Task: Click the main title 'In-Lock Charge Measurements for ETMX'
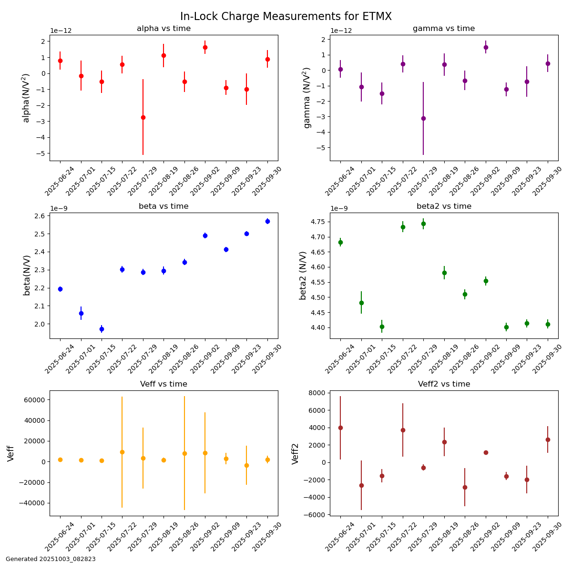pos(286,17)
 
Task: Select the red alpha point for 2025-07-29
pos(143,117)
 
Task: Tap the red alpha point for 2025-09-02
pos(205,47)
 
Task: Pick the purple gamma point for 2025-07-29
pos(423,118)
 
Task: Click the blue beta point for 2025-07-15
pos(102,329)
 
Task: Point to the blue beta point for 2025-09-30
pos(267,221)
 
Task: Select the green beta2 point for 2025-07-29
pos(423,224)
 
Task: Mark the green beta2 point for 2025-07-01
pos(361,303)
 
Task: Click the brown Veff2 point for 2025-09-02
pos(486,452)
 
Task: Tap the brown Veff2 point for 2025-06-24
pos(340,428)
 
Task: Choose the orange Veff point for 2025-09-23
pos(246,465)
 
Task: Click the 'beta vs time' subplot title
pos(163,206)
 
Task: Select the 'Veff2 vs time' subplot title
pos(444,384)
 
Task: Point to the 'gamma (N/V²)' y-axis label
pos(307,98)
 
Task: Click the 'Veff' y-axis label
pos(11,453)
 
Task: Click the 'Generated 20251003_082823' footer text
pos(51,559)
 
